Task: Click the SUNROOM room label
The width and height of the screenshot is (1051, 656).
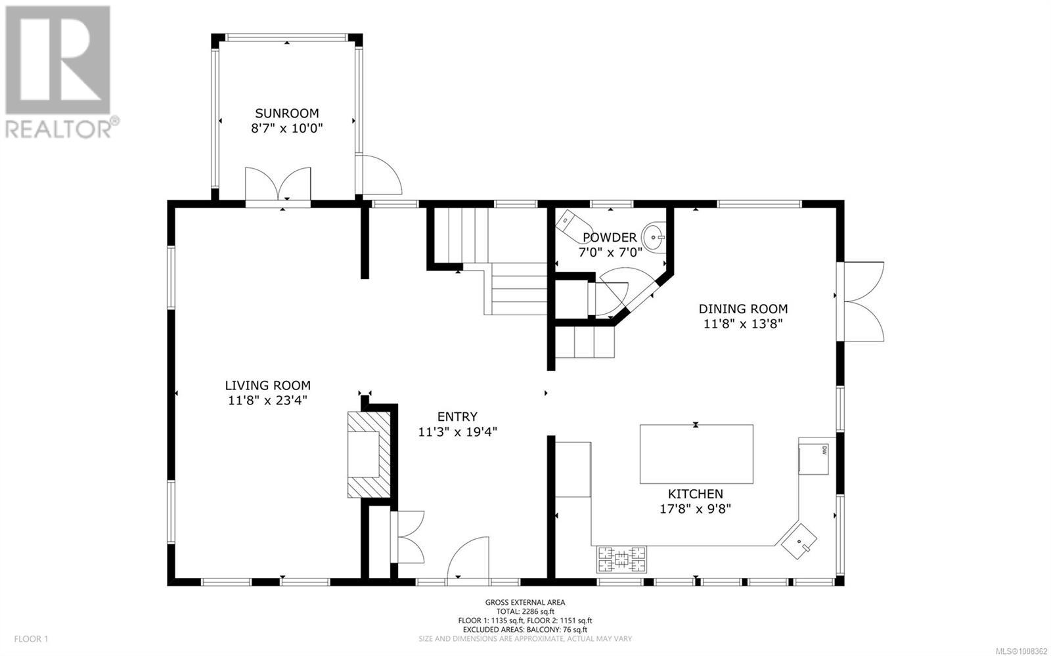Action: click(x=286, y=113)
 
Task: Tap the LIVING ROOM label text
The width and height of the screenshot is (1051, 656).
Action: click(x=267, y=385)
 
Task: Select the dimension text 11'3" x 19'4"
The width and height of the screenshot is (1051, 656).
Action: click(x=457, y=431)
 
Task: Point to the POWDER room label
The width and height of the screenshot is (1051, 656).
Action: click(x=610, y=237)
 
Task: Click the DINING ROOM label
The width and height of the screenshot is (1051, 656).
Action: click(x=743, y=309)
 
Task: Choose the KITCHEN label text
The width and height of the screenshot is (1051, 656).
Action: click(x=696, y=494)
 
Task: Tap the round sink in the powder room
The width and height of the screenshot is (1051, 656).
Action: click(x=654, y=238)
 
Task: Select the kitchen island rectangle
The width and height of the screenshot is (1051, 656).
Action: click(x=696, y=454)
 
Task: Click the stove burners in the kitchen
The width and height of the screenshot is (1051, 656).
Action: click(x=621, y=559)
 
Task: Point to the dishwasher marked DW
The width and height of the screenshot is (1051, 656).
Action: click(x=814, y=458)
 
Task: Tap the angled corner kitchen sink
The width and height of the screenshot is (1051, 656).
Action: click(x=799, y=542)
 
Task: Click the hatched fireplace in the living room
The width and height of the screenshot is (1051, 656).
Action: click(x=369, y=454)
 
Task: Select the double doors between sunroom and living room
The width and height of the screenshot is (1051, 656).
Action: click(x=278, y=185)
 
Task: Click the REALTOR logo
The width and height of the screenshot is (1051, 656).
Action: click(x=60, y=73)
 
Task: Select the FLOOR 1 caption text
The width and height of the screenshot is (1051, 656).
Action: click(x=31, y=639)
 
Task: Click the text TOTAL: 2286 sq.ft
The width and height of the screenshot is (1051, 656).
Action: click(x=525, y=611)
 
